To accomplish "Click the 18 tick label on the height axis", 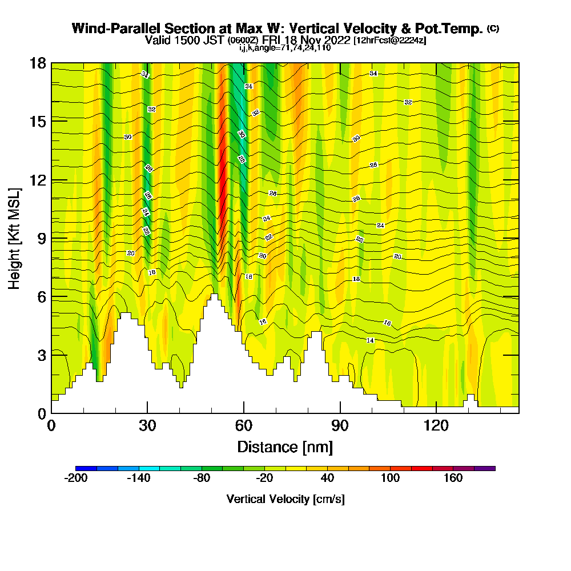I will click(38, 63).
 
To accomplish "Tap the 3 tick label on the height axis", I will click(41, 355).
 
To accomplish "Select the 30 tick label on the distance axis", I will click(147, 425).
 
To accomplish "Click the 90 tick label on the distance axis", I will click(340, 425).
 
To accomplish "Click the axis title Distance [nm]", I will click(285, 447).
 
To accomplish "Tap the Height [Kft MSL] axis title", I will click(15, 238).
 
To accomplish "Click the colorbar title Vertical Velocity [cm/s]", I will click(285, 499).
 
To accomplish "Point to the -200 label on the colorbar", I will click(76, 478).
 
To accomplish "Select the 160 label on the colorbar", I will click(453, 478).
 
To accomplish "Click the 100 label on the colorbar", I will click(391, 478).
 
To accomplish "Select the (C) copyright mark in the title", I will click(493, 29).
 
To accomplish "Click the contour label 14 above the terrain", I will click(370, 340).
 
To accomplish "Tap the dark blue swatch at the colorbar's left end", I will click(86, 468).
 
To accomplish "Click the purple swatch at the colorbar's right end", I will click(485, 468).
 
